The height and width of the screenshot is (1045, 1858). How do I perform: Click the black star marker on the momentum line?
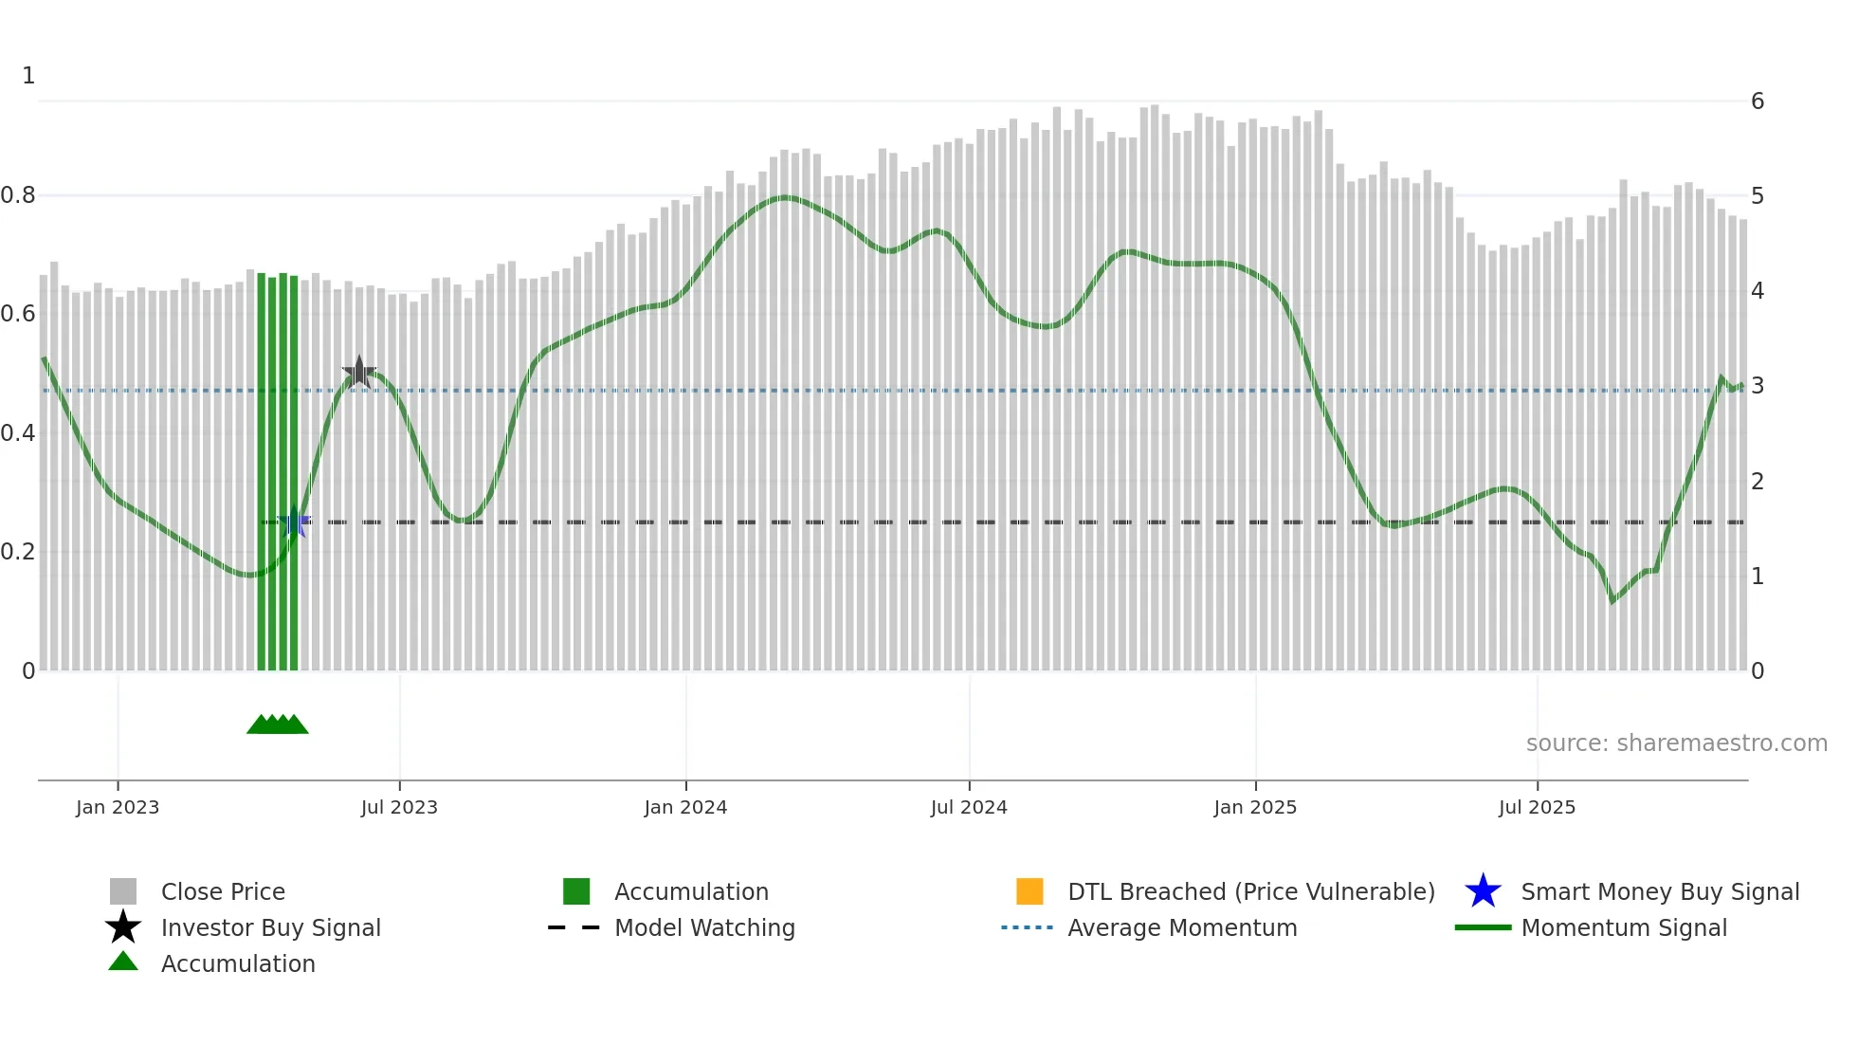[x=359, y=372]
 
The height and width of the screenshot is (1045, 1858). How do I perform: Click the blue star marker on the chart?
[x=295, y=522]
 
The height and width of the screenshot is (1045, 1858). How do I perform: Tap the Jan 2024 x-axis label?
[x=685, y=807]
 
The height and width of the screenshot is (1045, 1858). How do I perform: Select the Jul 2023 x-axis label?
[x=399, y=807]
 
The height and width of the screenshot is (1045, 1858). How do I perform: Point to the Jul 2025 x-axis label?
[x=1537, y=807]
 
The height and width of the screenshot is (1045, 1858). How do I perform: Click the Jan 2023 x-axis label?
[x=118, y=807]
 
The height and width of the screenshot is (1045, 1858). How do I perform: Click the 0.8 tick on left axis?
[x=19, y=195]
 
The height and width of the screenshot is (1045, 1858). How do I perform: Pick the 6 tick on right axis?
[x=1758, y=101]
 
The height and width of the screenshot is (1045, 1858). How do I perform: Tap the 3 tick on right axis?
[x=1758, y=386]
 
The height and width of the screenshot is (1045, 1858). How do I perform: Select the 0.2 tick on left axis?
[x=19, y=552]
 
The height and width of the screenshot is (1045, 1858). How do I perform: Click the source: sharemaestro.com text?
[x=1676, y=743]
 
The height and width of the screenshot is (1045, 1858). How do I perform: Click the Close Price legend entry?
[x=223, y=891]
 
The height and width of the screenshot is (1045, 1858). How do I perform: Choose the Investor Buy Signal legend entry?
[x=270, y=927]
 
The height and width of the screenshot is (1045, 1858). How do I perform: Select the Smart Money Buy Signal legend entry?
[x=1659, y=891]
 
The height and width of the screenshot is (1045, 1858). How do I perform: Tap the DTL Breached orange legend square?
[x=1029, y=891]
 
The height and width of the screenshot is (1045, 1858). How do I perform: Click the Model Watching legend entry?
[x=704, y=927]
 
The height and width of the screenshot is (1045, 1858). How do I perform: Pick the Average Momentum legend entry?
[x=1182, y=927]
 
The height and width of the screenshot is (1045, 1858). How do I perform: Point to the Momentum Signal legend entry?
[x=1624, y=927]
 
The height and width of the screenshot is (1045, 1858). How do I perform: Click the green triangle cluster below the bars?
[x=278, y=724]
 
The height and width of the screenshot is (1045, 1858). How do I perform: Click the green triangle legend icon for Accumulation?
[x=123, y=962]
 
